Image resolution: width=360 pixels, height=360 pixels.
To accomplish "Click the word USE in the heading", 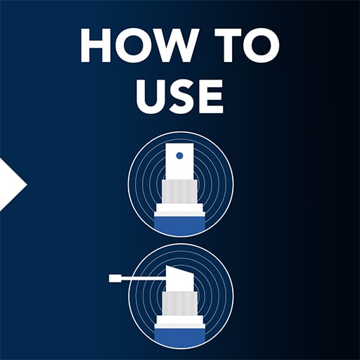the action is coord(180,96).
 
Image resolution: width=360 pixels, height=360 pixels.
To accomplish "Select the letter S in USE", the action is coord(181,96).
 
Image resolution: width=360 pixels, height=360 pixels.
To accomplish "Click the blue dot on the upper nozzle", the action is coord(179,155).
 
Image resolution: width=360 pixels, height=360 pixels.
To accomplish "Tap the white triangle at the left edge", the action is coord(12,185).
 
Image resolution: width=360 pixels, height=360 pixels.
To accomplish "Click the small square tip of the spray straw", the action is coord(115,278).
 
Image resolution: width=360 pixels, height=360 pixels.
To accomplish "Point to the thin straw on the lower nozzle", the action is coord(143,278).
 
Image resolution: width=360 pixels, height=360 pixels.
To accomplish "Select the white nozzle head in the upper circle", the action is coord(180,162).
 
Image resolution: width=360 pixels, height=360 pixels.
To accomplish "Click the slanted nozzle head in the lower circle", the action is coord(180,279).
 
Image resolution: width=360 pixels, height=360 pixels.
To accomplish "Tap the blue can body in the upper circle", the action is coord(179,223).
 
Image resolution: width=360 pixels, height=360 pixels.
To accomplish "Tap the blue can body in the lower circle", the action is coord(179,335).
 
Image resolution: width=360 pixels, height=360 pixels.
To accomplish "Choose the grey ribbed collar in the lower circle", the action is coord(180,304).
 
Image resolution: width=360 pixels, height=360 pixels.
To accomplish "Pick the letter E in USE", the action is coord(210,96).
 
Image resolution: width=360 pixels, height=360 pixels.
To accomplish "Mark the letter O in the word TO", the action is coord(262,46).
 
